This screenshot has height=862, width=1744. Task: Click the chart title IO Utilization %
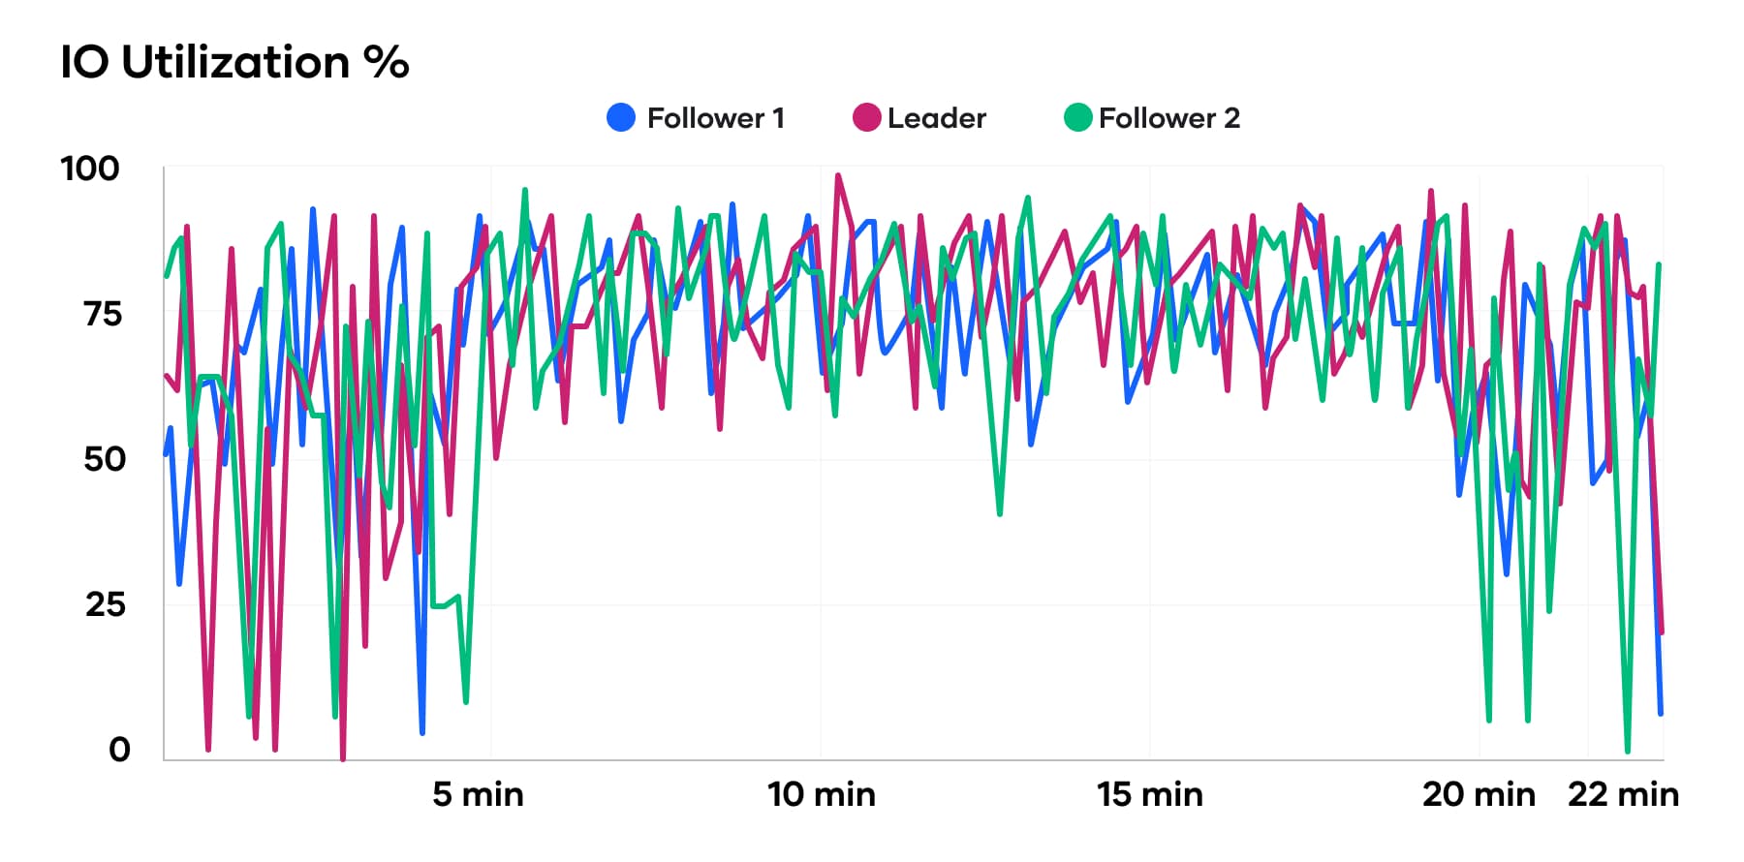[x=234, y=63]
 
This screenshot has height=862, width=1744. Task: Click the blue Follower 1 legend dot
[x=621, y=118]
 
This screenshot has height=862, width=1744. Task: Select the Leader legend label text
[x=936, y=118]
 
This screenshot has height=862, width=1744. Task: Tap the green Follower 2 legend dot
[x=1077, y=118]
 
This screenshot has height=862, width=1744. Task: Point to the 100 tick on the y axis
[x=90, y=169]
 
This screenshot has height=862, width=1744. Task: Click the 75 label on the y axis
[x=103, y=314]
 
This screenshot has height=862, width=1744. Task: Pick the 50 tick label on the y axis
[x=105, y=459]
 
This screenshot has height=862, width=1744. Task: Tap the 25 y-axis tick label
[x=105, y=604]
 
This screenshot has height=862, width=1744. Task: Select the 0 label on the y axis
[x=119, y=749]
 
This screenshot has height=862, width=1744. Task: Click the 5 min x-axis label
[x=478, y=794]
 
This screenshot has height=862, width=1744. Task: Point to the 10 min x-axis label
[x=821, y=794]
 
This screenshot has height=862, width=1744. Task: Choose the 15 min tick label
[x=1149, y=794]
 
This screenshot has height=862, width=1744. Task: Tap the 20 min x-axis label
[x=1479, y=794]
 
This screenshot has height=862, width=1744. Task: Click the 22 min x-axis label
[x=1623, y=794]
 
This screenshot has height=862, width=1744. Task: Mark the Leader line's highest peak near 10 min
[x=837, y=175]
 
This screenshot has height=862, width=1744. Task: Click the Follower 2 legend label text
[x=1168, y=118]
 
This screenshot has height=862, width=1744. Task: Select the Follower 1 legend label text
[x=715, y=118]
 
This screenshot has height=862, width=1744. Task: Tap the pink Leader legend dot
[x=866, y=118]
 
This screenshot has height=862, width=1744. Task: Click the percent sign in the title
[x=387, y=63]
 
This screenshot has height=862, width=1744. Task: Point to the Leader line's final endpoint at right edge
[x=1662, y=632]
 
